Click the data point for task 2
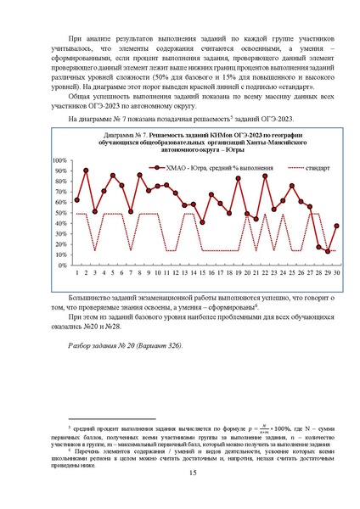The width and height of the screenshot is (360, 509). (87, 171)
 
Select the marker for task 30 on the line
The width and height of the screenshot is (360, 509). (337, 227)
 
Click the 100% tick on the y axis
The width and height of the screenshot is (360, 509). (59, 161)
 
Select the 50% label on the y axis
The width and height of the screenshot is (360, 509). (61, 213)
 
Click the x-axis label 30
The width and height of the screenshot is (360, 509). (337, 272)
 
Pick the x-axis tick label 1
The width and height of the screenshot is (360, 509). (77, 272)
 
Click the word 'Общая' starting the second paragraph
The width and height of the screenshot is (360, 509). (81, 96)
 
